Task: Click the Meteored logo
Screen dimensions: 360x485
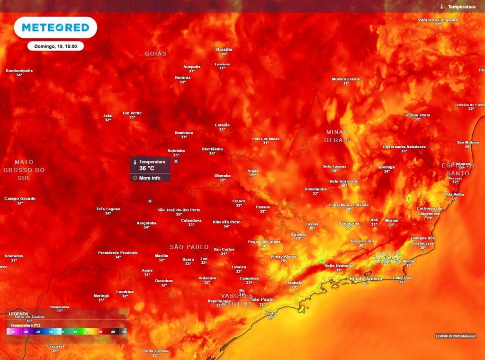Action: pos(55,27)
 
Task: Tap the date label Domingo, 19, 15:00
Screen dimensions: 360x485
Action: pos(55,46)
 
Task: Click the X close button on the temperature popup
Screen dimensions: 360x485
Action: pos(176,162)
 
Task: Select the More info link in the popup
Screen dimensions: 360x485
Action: pos(149,178)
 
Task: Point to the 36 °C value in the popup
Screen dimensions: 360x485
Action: pos(147,168)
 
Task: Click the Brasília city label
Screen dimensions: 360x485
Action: pos(224,49)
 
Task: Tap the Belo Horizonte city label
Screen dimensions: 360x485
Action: pos(344,181)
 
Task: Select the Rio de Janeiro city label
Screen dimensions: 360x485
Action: pos(366,279)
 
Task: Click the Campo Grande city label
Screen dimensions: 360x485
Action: pos(20,199)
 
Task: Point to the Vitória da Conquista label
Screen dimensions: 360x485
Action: pos(438,20)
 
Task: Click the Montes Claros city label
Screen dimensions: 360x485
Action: pos(346,79)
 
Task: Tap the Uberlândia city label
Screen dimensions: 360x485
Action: pos(212,149)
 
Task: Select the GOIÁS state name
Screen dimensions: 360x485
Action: pos(156,54)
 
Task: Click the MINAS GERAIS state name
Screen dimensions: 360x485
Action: pos(337,136)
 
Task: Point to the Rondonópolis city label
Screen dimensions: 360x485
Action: pos(19,71)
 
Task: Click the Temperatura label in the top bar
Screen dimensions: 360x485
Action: pos(461,7)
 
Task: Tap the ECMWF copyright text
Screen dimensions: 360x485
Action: pos(455,336)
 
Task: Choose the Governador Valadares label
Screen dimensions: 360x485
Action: pos(404,147)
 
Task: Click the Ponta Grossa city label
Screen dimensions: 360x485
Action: pos(155,351)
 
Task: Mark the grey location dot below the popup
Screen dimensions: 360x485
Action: pos(150,201)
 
